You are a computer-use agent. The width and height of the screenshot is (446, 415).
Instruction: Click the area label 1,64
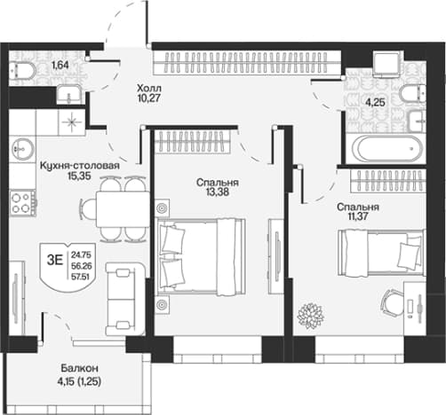[x=60, y=65]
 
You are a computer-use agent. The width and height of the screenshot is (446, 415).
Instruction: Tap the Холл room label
[x=149, y=88]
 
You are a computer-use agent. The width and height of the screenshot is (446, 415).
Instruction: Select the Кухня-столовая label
[x=80, y=166]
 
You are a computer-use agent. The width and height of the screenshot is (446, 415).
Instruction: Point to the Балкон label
[x=79, y=368]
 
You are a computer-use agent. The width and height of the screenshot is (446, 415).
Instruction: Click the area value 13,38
[x=218, y=192]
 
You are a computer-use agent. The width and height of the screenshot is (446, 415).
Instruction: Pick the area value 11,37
[x=358, y=216]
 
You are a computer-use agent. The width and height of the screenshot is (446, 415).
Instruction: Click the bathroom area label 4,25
[x=376, y=103]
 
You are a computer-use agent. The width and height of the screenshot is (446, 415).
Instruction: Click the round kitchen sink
[x=22, y=149]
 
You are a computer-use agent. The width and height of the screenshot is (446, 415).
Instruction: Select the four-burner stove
[x=23, y=203]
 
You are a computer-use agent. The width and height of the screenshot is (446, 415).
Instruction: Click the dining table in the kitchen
[x=123, y=209]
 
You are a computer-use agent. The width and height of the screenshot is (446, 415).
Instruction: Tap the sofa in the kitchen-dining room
[x=125, y=299]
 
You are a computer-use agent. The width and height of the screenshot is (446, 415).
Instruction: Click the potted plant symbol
[x=311, y=316]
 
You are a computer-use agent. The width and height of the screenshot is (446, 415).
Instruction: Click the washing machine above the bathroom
[x=387, y=63]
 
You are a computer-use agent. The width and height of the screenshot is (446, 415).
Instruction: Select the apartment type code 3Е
[x=55, y=261]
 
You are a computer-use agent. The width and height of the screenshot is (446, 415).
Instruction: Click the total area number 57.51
[x=82, y=277]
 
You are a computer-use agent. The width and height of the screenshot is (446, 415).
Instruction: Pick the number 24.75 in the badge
[x=81, y=254]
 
